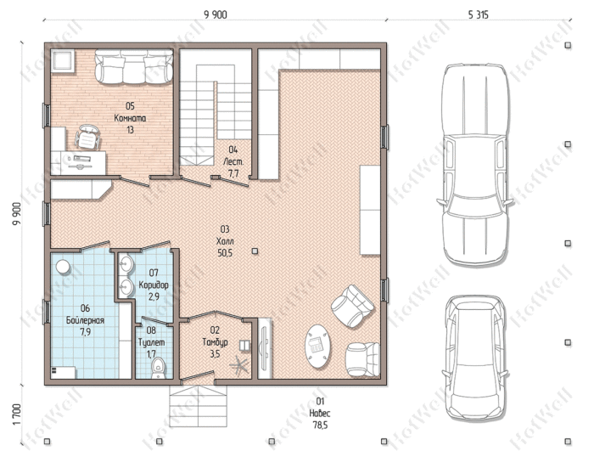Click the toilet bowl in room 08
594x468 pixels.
point(158,368)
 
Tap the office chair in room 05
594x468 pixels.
point(88,138)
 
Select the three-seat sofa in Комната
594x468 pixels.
point(134,66)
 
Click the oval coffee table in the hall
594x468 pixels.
point(317,346)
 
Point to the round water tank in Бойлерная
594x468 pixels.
point(63,267)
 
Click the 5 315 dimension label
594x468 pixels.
point(479,15)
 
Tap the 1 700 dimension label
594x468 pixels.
point(16,414)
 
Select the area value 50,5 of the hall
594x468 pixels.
point(225,253)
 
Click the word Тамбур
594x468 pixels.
point(216,342)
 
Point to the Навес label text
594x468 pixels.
point(320,413)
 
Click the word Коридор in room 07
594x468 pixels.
point(154,285)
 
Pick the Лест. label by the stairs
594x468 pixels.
point(233,161)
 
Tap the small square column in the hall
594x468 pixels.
point(255,251)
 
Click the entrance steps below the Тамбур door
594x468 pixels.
point(198,406)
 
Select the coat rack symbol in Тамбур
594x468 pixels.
point(239,365)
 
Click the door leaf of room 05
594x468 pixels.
point(134,181)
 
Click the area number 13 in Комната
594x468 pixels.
point(130,130)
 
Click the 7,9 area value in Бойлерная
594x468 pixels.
point(85,332)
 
